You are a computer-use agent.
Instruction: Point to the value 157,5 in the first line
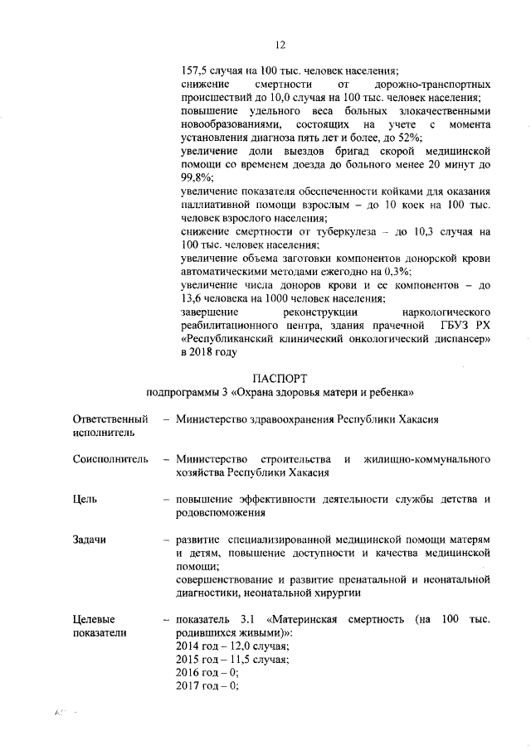[193, 70]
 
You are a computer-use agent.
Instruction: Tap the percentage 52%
[411, 137]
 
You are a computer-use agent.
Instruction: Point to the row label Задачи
[90, 539]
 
